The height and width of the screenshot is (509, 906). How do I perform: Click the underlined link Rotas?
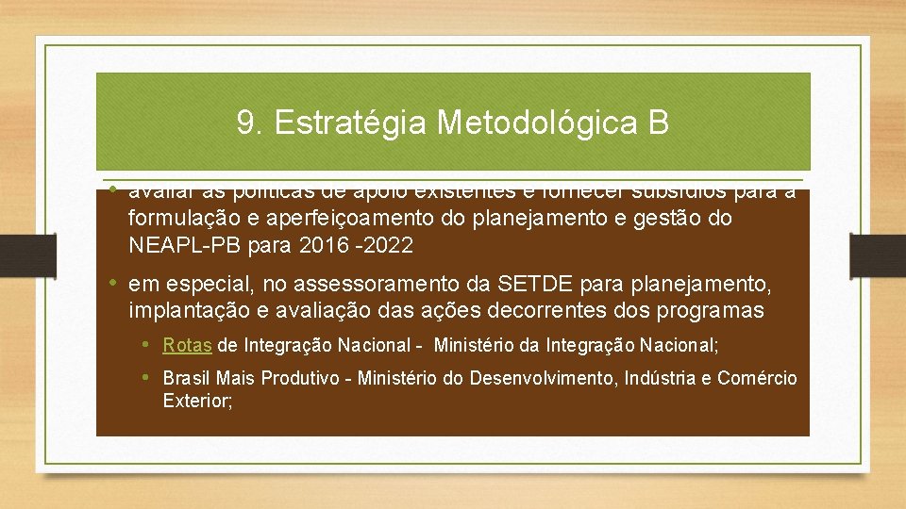187,346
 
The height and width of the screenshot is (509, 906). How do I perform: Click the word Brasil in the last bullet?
187,379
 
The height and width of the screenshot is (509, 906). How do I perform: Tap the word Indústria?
664,379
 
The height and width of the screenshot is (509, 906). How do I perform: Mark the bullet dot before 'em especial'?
111,283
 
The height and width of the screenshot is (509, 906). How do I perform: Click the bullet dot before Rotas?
146,345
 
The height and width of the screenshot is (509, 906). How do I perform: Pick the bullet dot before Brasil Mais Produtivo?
146,378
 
